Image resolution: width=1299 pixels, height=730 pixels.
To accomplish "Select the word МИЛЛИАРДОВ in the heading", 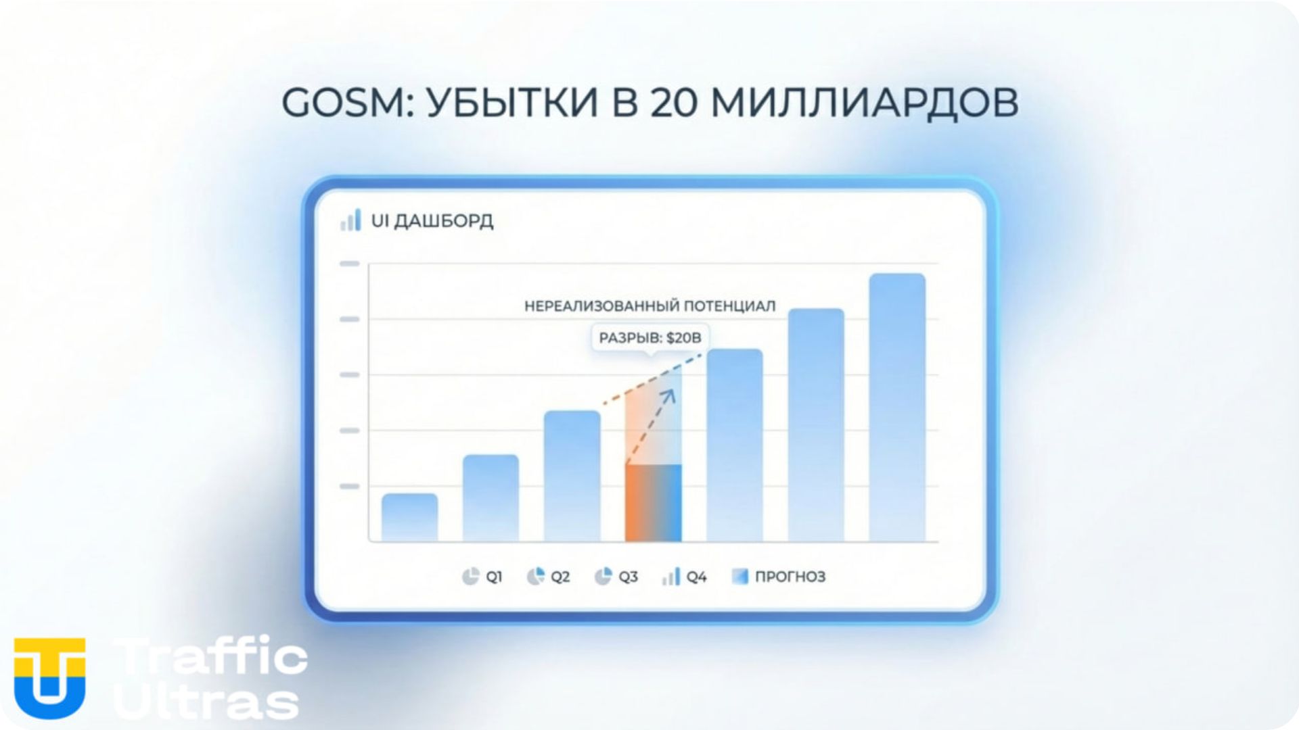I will [864, 104].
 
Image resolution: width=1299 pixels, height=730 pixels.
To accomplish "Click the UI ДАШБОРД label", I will [432, 221].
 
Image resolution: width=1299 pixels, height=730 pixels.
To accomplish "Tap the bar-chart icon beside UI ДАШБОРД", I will [350, 220].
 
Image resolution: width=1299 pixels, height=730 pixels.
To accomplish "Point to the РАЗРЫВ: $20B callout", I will [649, 337].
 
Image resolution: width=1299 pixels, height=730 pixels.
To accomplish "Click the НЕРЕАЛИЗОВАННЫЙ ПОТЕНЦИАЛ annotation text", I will [649, 306].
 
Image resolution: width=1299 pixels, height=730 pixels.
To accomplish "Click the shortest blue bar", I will [409, 517].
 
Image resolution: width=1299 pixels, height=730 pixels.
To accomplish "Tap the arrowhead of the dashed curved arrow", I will [669, 394].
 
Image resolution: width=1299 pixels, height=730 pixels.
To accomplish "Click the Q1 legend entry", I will [482, 577].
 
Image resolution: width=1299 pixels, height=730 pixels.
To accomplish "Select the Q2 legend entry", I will [548, 577].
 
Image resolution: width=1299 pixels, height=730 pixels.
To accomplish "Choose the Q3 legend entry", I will [616, 577].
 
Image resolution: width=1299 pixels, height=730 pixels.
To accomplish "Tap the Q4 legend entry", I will [685, 577].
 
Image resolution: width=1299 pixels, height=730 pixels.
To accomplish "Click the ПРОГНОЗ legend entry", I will [779, 577].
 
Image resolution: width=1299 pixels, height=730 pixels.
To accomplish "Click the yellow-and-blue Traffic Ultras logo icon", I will [49, 677].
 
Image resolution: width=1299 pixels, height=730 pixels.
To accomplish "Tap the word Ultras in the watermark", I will [206, 703].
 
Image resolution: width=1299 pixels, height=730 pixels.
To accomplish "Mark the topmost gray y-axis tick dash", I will [349, 264].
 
